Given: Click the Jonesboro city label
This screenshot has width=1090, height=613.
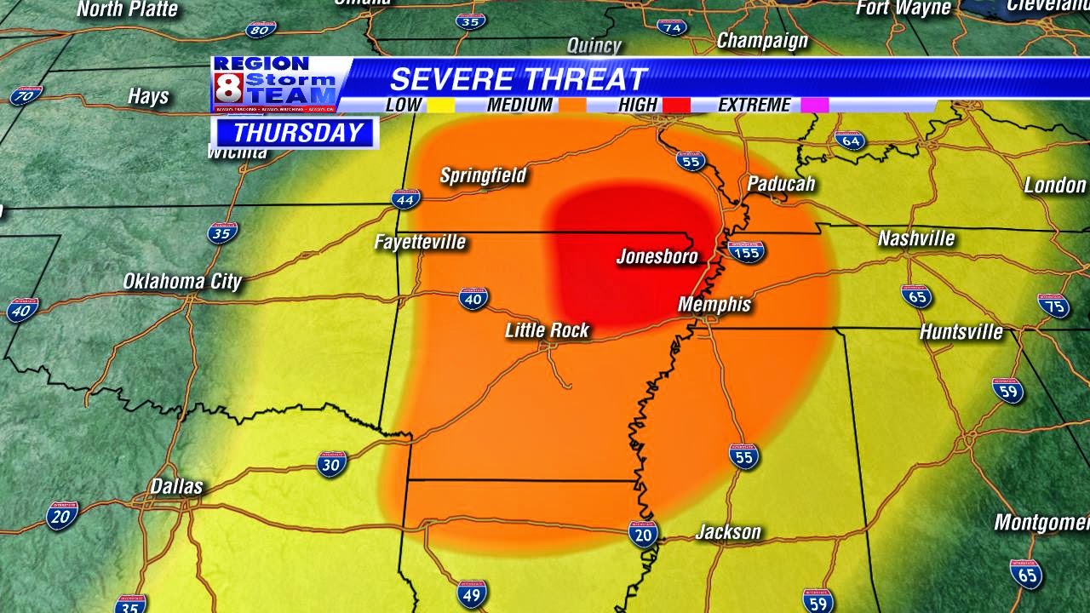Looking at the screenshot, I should click(657, 256).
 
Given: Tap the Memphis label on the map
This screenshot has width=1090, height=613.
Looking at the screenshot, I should click(714, 304).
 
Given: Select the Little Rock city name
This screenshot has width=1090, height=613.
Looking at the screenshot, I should click(547, 330).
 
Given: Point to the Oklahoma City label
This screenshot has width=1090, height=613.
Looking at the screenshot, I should click(182, 281).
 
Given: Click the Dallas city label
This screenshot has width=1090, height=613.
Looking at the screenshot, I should click(176, 486).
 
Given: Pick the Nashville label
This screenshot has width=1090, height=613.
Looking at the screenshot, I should click(915, 238).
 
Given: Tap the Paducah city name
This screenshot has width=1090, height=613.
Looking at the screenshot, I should click(781, 184).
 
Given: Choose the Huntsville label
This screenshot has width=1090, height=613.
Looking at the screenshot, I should click(961, 331).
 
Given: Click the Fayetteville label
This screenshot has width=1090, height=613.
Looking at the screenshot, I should click(420, 242).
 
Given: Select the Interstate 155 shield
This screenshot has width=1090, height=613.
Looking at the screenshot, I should click(746, 251).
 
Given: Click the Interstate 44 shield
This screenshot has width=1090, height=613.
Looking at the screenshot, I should click(406, 200).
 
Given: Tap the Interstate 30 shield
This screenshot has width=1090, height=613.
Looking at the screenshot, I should click(331, 463).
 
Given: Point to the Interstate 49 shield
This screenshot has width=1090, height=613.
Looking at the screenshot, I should click(472, 593).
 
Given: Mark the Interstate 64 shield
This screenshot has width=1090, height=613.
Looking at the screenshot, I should click(850, 140).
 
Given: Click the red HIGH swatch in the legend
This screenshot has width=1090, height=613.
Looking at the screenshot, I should click(678, 106).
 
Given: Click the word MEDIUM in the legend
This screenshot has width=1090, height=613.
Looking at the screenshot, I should click(519, 106).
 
